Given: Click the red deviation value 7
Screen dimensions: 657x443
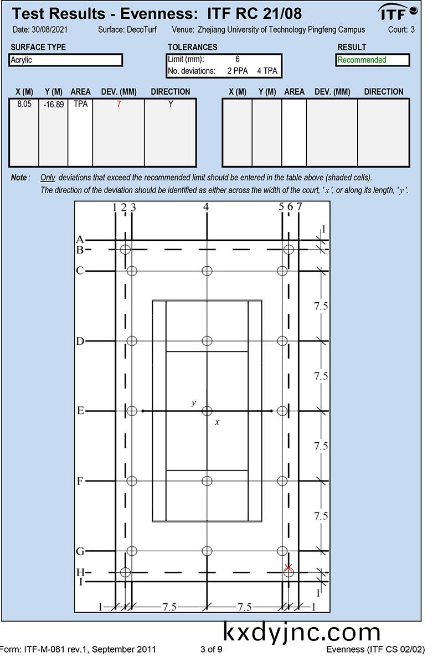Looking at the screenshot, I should coord(119,104).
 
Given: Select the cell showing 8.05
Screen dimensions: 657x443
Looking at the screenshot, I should coord(24,104).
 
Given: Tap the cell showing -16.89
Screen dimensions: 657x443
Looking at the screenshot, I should coord(53,104).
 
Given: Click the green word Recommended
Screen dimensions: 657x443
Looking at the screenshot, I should coord(362,60).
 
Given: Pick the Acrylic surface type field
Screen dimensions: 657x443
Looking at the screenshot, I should coord(66,60).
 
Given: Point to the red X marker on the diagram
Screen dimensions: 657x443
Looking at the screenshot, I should coord(288,567).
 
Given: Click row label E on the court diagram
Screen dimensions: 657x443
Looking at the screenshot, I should coord(80,411).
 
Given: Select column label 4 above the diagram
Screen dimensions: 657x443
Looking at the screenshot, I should coord(206,207).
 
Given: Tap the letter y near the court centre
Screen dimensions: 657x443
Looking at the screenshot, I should coord(193,403).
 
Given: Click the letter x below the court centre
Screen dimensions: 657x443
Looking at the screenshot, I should coord(217,422).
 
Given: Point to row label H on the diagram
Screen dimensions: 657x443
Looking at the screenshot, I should coord(80,572).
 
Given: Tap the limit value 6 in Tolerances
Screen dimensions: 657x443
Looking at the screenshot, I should coord(238,59).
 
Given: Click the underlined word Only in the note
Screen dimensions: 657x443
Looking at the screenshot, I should coord(48,178).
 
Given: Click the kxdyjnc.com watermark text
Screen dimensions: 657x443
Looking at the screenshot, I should coord(302,632).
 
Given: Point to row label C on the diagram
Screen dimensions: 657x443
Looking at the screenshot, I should coord(80,271).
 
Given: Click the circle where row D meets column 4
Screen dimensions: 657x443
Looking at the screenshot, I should coord(207,341).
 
